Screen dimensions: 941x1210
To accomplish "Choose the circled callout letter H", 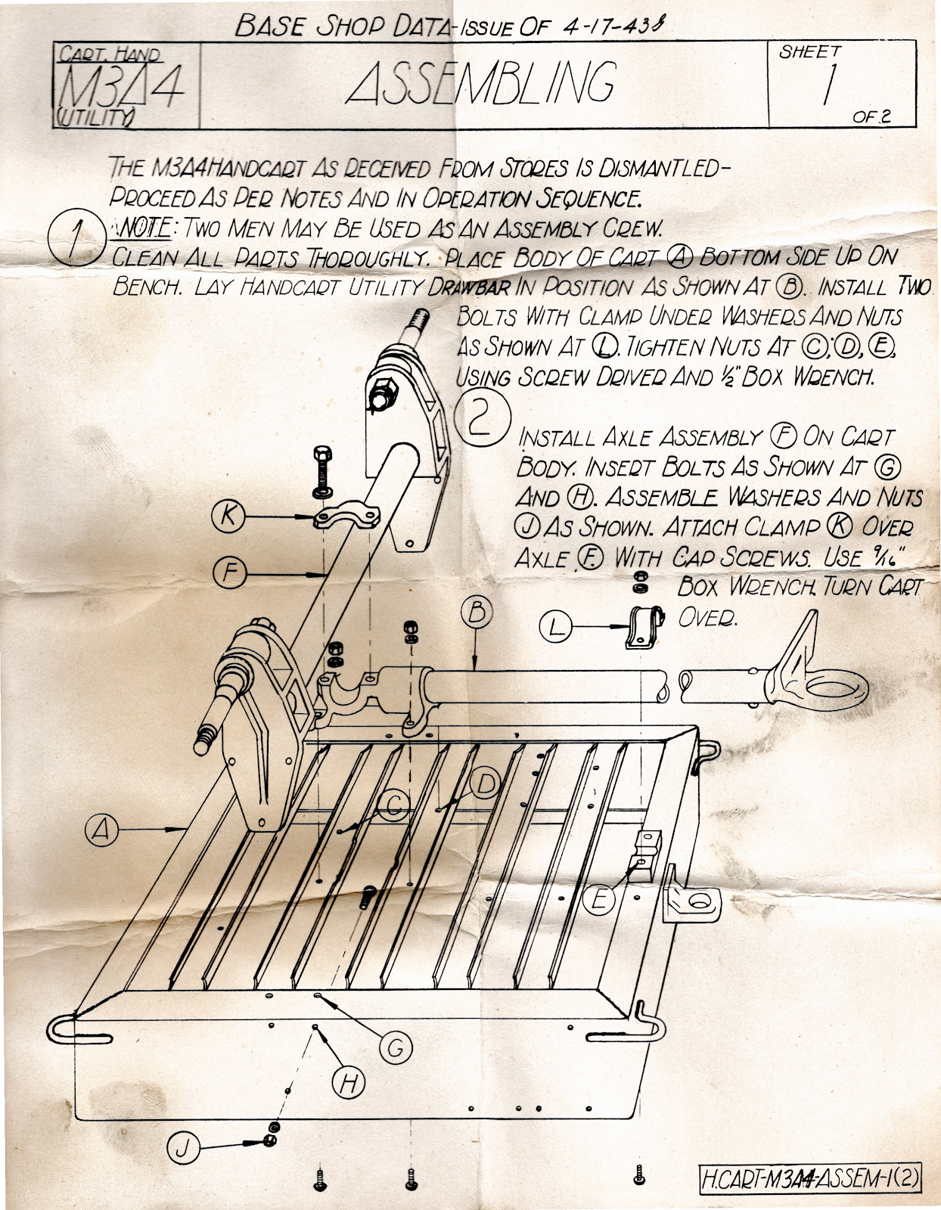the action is pyautogui.click(x=348, y=1083).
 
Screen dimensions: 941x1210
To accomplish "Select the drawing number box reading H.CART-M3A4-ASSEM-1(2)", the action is pyautogui.click(x=811, y=1177).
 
